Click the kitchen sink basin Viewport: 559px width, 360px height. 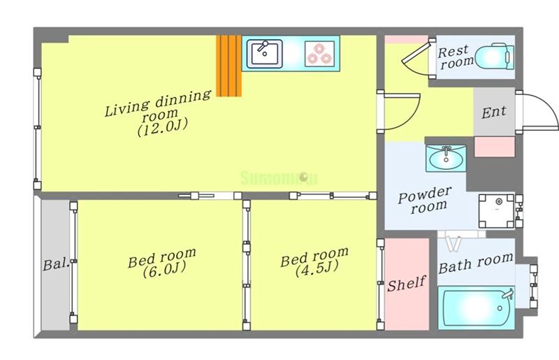[x=265, y=54]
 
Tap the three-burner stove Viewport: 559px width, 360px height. [x=320, y=54]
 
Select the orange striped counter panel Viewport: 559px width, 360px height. [x=229, y=66]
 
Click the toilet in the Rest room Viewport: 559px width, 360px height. [x=495, y=57]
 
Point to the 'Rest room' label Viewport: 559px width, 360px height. [x=456, y=57]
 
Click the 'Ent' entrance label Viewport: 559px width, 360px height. [x=494, y=112]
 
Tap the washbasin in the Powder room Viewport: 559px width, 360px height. [x=446, y=158]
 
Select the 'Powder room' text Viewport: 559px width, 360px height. [x=425, y=200]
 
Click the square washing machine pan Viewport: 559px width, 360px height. [x=496, y=211]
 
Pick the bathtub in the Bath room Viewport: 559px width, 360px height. [x=476, y=307]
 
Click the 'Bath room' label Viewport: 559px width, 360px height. [x=476, y=264]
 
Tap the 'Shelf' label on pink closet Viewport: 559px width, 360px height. [x=407, y=284]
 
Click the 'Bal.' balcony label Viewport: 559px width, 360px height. [x=56, y=264]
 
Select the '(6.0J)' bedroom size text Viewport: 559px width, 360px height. [x=164, y=269]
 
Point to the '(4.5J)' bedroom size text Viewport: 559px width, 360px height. [x=317, y=268]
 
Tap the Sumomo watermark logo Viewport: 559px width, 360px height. [x=279, y=178]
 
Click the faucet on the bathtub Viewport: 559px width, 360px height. [x=508, y=294]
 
